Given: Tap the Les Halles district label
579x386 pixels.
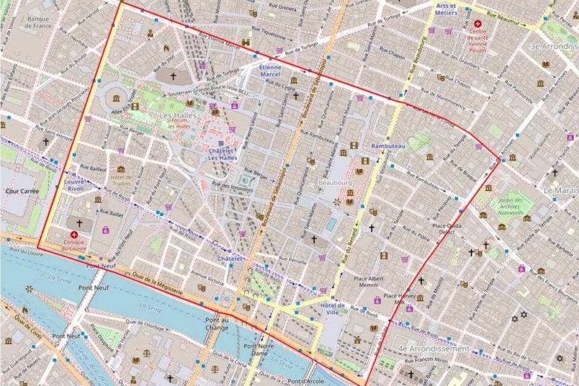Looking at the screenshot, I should (x=174, y=115).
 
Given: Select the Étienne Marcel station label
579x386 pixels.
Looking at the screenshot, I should (x=270, y=71).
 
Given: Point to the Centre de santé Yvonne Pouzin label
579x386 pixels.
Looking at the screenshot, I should (x=478, y=35).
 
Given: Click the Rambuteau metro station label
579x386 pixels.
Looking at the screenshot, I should (x=388, y=147).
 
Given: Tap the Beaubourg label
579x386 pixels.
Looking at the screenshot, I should (x=336, y=181).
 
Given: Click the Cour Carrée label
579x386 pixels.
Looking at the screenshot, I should (x=21, y=191).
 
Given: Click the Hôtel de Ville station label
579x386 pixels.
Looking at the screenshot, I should (x=332, y=309).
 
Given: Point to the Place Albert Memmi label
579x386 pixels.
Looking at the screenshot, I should (x=369, y=282).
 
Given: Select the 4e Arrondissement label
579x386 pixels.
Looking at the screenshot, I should (x=433, y=349).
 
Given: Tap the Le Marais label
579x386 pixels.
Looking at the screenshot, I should (x=561, y=191).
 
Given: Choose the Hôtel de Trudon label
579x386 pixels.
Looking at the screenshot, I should (x=121, y=180).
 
